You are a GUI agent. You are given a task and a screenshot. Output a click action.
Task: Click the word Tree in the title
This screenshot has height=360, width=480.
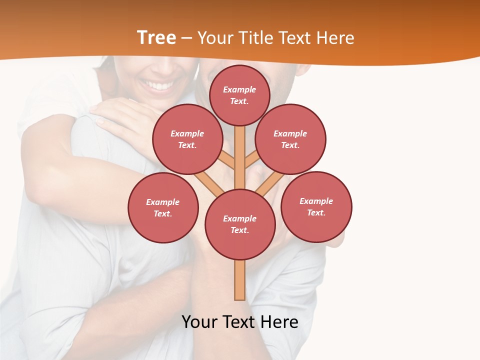coord(156,37)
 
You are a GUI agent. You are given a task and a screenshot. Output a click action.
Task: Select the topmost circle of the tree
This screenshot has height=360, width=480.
coord(239,95)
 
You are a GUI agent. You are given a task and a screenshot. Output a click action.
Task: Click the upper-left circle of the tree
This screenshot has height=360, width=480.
coord(187,139)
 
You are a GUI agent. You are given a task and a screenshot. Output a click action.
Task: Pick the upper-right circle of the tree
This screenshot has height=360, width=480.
coord(290,139)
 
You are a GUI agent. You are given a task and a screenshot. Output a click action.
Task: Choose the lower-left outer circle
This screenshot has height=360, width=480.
coord(163,207)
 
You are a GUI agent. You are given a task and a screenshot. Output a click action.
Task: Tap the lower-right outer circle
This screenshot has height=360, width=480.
coord(316,206)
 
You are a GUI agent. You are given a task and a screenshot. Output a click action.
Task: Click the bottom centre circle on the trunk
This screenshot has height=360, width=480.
coord(240,224)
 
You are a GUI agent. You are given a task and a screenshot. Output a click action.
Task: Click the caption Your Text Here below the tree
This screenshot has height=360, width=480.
coord(240,321)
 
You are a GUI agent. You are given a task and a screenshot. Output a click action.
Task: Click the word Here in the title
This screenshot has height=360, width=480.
coord(335,38)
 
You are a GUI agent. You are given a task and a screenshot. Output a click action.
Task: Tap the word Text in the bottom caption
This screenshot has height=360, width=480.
coord(240,321)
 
